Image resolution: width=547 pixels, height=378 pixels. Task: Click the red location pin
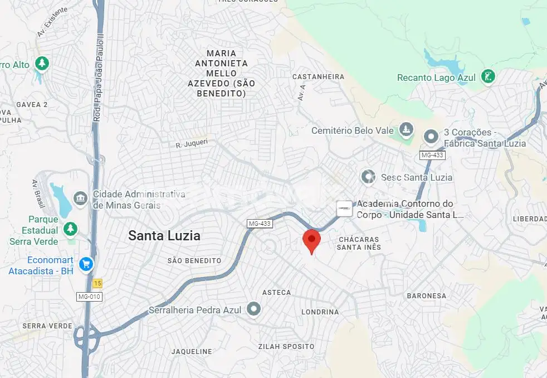coord(311,240)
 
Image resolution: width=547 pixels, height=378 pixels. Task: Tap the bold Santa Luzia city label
coord(164,235)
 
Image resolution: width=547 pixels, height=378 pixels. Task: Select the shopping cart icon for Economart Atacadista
coord(86,264)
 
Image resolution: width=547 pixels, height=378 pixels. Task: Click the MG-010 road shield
coord(89,297)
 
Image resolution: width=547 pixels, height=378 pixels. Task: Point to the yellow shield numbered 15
coord(98,283)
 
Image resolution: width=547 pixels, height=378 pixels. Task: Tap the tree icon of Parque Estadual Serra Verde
coord(70,229)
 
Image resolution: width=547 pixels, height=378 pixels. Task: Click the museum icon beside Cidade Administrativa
coord(81,198)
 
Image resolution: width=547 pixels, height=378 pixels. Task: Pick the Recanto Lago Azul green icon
coord(488,77)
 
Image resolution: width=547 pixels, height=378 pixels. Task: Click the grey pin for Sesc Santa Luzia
coord(368,177)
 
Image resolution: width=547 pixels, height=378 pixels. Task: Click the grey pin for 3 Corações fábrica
coord(431,136)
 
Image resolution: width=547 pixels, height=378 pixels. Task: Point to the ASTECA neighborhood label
coord(276,292)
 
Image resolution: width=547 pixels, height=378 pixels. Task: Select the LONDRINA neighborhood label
coord(320,312)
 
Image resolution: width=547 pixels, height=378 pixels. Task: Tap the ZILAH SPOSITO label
coord(286,346)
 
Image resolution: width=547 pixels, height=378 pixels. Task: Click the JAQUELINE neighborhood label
coord(192,351)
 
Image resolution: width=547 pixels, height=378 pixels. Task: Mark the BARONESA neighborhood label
coord(426,295)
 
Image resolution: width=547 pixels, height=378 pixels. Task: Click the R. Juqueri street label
coord(192,144)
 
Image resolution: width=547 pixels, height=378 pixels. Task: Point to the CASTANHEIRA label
coord(318,76)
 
